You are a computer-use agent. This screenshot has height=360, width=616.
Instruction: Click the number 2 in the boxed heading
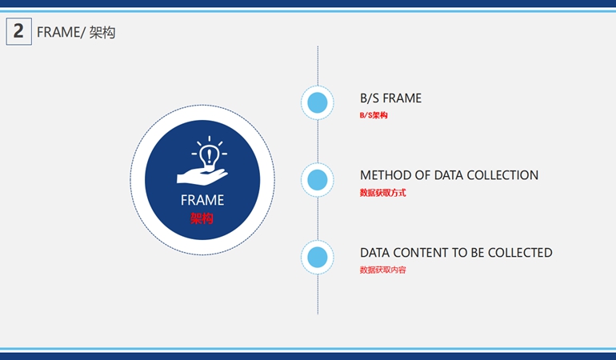click(18, 31)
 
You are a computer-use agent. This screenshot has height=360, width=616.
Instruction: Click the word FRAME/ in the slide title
click(61, 32)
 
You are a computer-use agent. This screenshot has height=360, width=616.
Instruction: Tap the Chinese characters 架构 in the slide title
click(102, 32)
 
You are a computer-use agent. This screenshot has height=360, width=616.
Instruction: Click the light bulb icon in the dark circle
click(210, 155)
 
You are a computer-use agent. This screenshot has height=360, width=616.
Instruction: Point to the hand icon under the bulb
click(202, 176)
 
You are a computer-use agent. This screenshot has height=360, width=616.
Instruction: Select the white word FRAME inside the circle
click(202, 200)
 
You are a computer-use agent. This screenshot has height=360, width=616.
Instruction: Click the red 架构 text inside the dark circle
click(202, 218)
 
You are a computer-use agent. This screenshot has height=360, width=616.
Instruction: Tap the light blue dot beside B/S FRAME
click(318, 102)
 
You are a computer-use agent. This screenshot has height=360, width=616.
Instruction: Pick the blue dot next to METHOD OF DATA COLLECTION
click(318, 180)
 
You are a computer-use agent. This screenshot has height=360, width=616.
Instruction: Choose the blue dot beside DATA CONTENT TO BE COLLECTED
click(318, 257)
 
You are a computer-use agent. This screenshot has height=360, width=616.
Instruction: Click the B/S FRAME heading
click(390, 98)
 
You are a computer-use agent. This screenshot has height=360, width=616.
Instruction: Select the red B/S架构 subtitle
click(374, 115)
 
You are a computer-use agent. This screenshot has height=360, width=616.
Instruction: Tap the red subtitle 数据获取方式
click(382, 193)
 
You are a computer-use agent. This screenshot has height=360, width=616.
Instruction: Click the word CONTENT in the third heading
click(420, 253)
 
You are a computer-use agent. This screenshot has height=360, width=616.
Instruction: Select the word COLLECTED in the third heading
click(520, 253)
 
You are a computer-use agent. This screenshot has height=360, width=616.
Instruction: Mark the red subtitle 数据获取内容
click(382, 270)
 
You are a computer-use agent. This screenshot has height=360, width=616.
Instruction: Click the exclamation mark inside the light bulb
click(210, 156)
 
